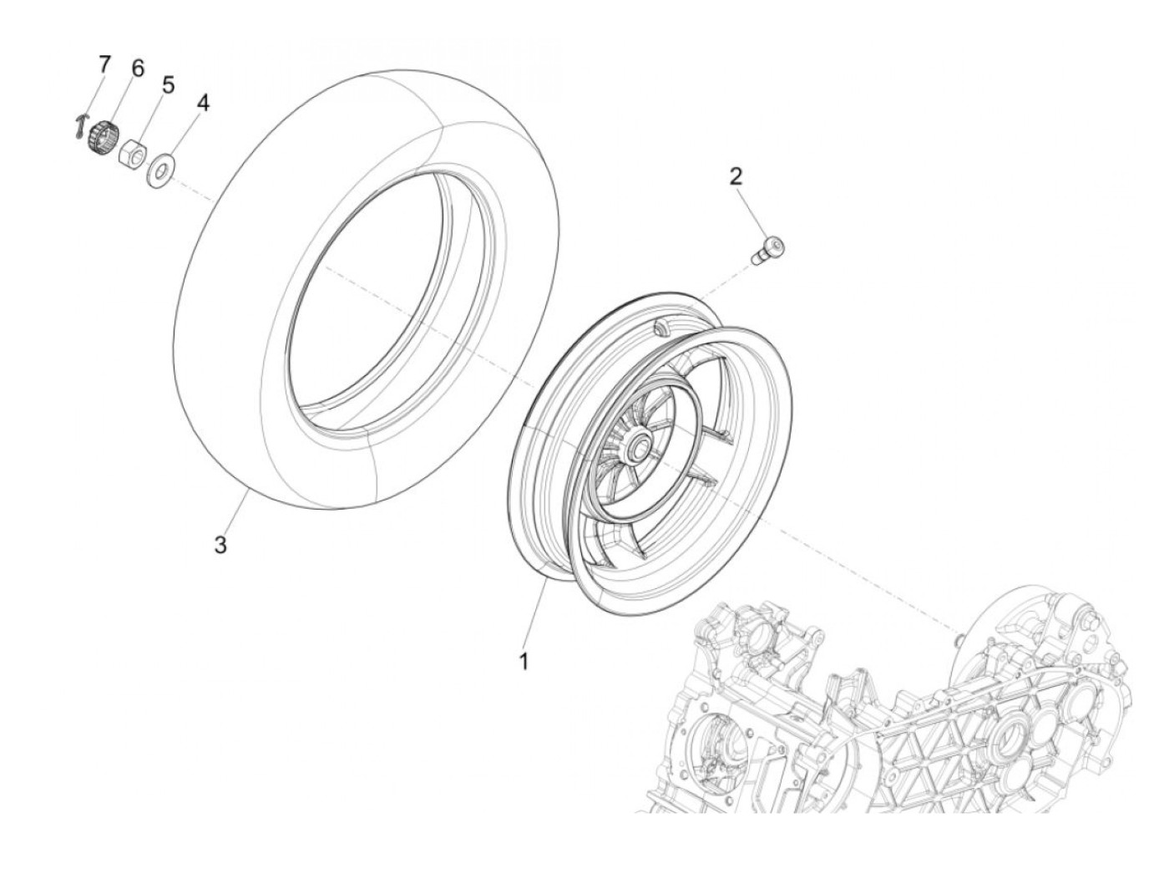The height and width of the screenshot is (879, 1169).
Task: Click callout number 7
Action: pos(104,64)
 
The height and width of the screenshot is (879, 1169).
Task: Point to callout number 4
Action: pos(203,103)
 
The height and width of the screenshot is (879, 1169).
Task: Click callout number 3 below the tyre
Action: pos(220,546)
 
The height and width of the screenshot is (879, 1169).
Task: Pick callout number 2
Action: pos(736,176)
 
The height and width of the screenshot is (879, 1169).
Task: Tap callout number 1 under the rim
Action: pos(524,662)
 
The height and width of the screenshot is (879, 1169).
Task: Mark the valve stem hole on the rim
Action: pos(663,327)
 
